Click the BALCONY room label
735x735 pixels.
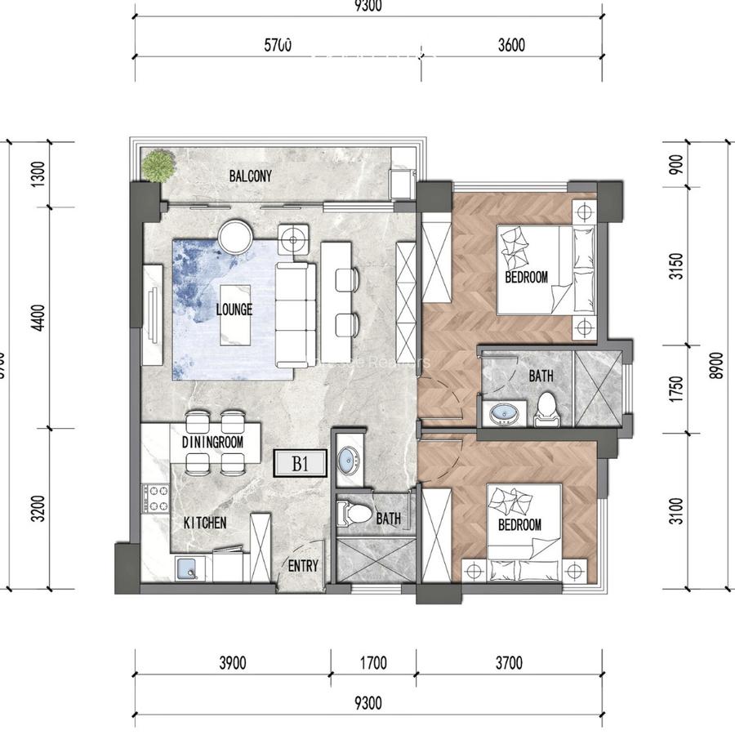pyautogui.click(x=250, y=176)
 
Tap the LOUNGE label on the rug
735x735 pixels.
pyautogui.click(x=234, y=310)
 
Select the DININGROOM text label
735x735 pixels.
pyautogui.click(x=213, y=441)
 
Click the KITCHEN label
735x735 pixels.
pyautogui.click(x=204, y=523)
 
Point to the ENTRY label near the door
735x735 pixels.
pyautogui.click(x=302, y=566)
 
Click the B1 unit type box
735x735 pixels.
pyautogui.click(x=300, y=465)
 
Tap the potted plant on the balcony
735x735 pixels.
pyautogui.click(x=158, y=166)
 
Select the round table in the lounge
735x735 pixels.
pyautogui.click(x=236, y=238)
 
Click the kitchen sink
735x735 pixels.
pyautogui.click(x=189, y=568)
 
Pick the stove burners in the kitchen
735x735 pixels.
pyautogui.click(x=155, y=498)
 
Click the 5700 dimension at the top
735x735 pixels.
pyautogui.click(x=278, y=45)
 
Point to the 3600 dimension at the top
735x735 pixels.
pyautogui.click(x=510, y=45)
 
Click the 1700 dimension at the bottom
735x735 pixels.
pyautogui.click(x=372, y=663)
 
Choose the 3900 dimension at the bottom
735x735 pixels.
pyautogui.click(x=233, y=663)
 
